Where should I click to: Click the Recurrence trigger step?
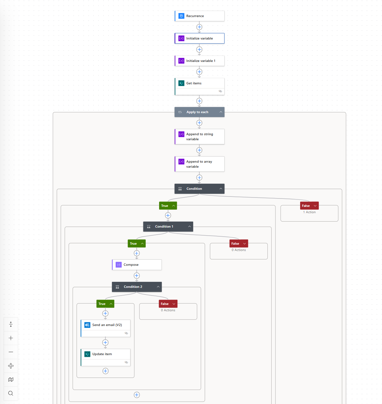(199, 16)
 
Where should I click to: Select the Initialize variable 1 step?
(199, 61)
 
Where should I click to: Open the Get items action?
(199, 86)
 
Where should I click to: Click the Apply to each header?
(199, 112)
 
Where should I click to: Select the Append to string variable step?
(199, 137)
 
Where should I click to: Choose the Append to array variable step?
(199, 164)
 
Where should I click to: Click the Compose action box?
(137, 265)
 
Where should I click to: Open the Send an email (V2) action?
(106, 328)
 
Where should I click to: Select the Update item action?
(106, 357)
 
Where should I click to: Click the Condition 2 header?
(137, 287)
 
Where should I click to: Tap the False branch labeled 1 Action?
(309, 206)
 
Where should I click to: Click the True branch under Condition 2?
(105, 304)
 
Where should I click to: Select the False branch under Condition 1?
(239, 244)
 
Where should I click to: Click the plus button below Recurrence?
(199, 27)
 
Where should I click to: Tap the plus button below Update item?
(106, 371)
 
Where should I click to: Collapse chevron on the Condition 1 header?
(189, 227)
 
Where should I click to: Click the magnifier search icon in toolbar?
(11, 393)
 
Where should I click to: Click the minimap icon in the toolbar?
(11, 379)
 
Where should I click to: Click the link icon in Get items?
(220, 91)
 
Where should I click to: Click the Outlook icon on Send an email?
(87, 325)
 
